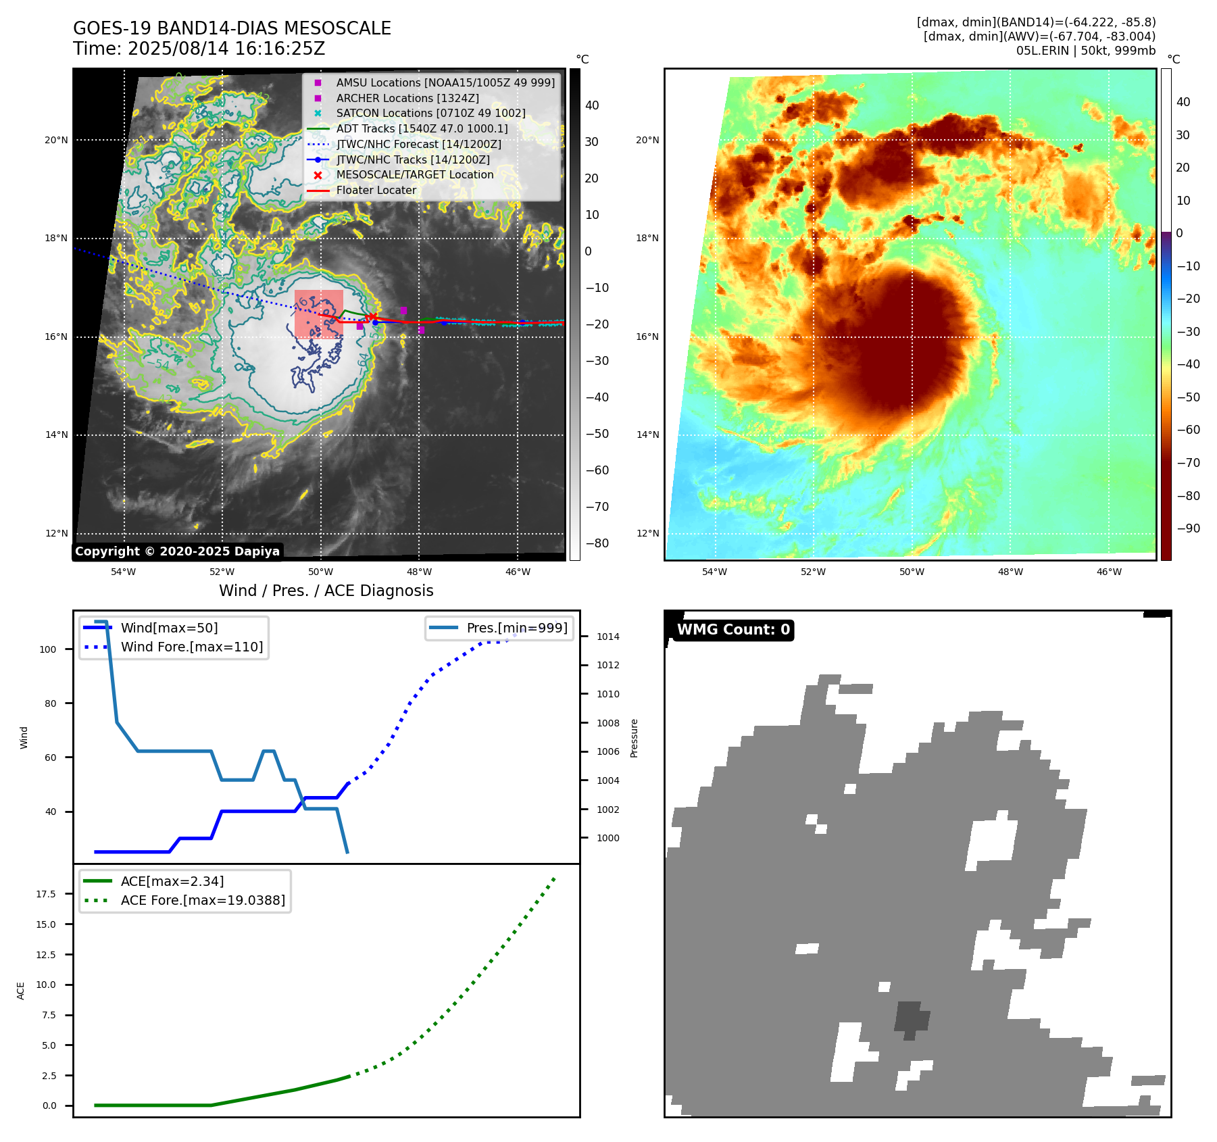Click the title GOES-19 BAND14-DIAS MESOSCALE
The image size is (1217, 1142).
point(232,28)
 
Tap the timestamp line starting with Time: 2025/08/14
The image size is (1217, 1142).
point(199,49)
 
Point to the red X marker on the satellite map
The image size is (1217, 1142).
point(371,317)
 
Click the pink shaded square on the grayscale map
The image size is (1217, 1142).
point(319,314)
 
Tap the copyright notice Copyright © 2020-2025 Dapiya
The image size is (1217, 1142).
point(177,551)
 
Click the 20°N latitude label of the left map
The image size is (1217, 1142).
point(56,141)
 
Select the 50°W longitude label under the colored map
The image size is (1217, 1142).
point(912,572)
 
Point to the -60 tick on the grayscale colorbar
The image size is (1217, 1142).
point(597,470)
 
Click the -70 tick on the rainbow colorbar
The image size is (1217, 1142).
point(1188,463)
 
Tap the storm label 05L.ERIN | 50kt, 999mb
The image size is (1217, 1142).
point(1085,51)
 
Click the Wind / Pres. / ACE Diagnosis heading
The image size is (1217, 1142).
point(326,591)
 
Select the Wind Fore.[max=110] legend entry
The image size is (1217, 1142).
point(191,647)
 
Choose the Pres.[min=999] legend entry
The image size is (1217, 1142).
point(516,628)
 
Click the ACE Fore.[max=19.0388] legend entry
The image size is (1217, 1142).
point(203,900)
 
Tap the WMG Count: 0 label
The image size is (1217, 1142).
point(733,630)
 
